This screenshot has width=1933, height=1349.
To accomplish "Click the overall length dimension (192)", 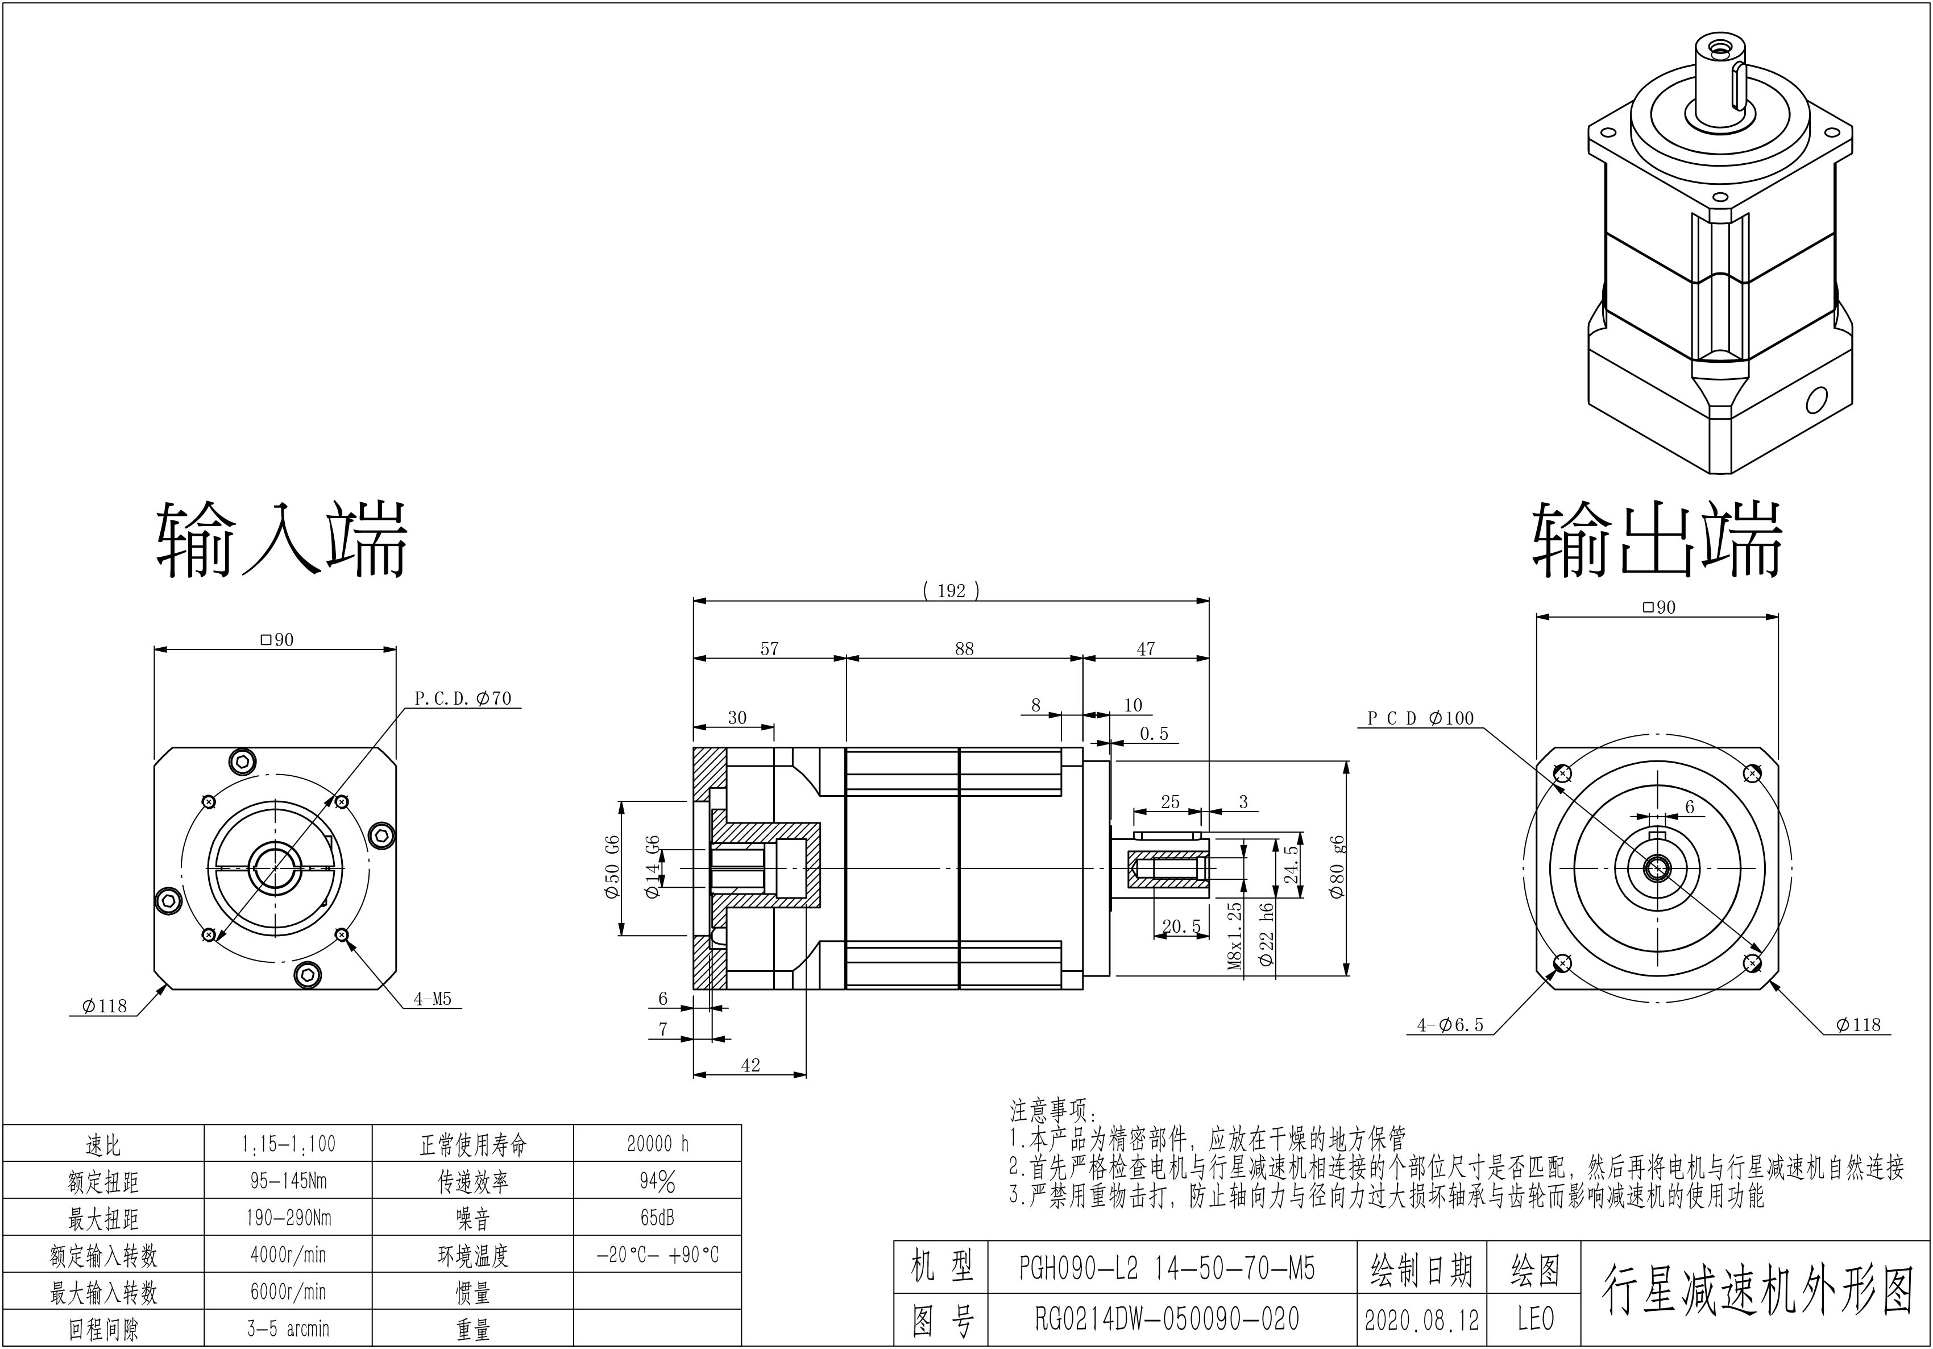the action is click(951, 590).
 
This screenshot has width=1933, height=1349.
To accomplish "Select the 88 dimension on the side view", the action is click(964, 648).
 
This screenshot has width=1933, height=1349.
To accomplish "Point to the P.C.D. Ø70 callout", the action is click(463, 698).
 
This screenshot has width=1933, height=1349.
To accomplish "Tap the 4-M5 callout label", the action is click(433, 1000).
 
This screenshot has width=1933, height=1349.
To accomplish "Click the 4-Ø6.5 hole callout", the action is click(1450, 1025).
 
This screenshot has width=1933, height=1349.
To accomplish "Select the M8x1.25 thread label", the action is click(1235, 936).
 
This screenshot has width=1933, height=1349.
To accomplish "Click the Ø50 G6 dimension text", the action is click(612, 867).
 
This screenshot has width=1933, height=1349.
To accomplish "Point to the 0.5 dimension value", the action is click(1154, 734).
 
